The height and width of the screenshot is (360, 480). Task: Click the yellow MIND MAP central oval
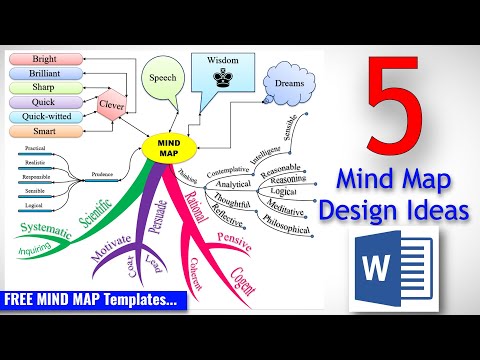[166, 146]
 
